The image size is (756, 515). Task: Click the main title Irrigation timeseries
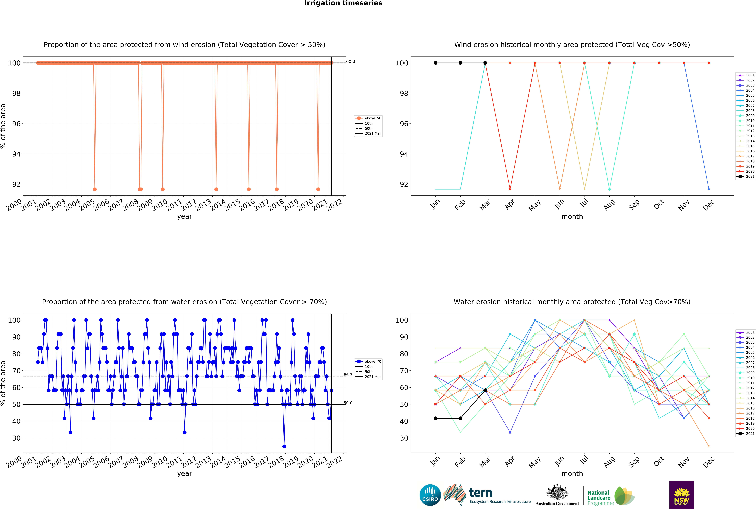tap(343, 3)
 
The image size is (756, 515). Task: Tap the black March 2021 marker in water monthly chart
tap(485, 390)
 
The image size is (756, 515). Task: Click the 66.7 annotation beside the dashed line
tap(348, 375)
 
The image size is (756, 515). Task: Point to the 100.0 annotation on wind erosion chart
tap(349, 61)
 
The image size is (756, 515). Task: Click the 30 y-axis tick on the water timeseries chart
tap(16, 438)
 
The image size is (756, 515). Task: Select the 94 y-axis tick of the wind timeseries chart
tap(16, 154)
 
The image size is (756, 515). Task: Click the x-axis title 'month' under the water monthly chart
tap(572, 474)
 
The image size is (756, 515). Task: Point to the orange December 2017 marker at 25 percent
tap(709, 446)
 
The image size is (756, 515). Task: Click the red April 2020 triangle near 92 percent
tap(510, 189)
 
